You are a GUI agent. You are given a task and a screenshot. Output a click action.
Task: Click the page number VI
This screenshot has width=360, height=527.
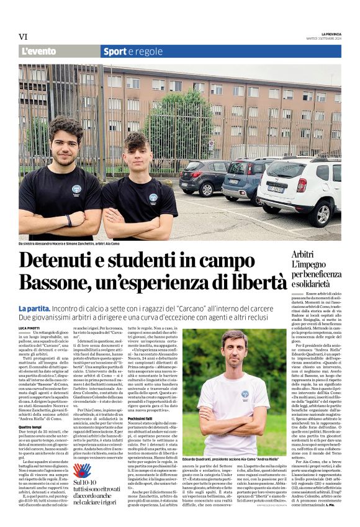click(x=23, y=37)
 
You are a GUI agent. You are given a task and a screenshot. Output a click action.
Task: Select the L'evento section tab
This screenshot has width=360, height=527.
click(x=40, y=52)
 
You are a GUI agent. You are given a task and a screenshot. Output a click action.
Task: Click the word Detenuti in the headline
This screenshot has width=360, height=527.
click(x=58, y=261)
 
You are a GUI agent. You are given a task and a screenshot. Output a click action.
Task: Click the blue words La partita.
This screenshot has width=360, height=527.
click(x=35, y=308)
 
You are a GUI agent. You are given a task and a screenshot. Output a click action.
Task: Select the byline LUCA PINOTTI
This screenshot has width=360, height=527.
click(x=30, y=327)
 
